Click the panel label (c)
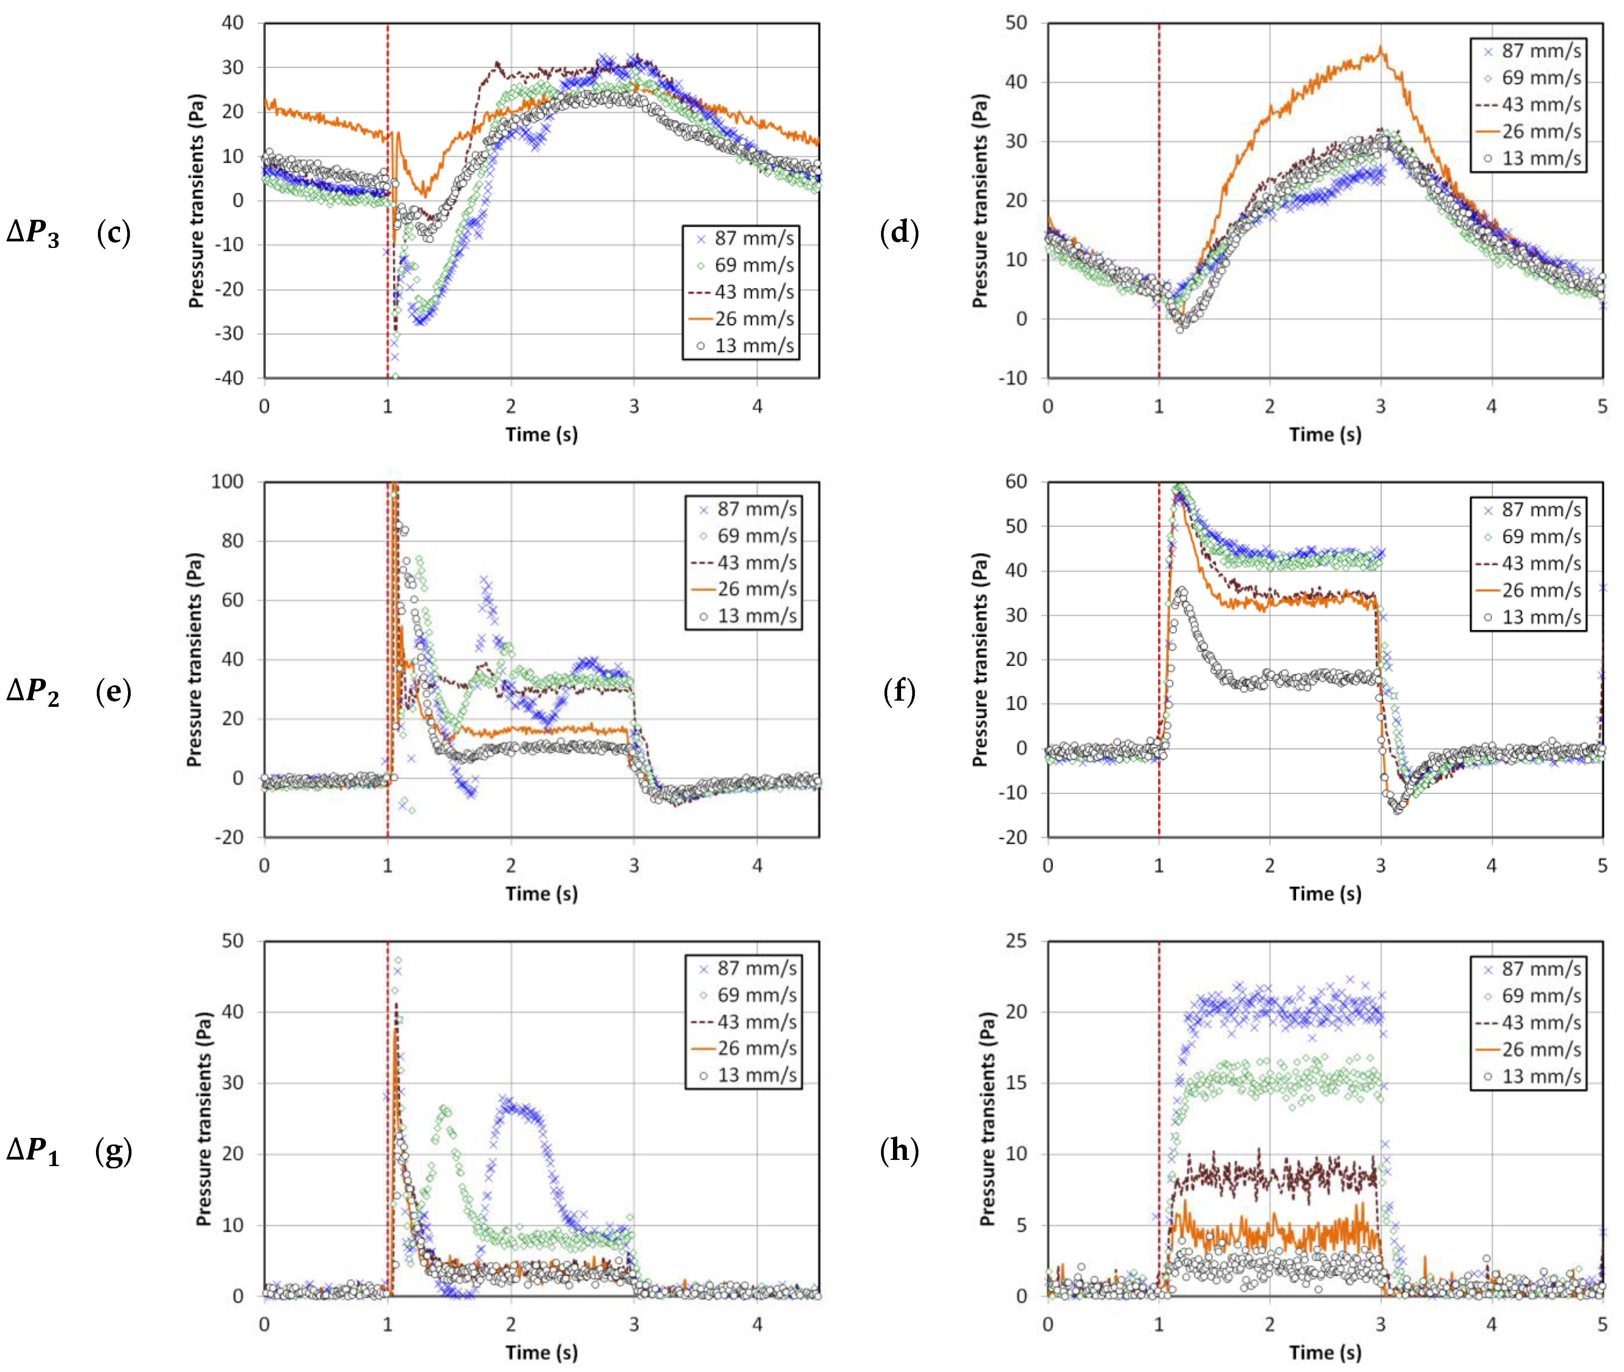[114, 233]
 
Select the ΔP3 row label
[33, 233]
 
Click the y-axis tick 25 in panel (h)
[1016, 941]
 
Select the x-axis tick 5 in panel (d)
[1602, 406]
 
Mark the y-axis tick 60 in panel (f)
[1016, 482]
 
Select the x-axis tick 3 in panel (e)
[634, 865]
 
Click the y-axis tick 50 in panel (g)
[232, 941]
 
